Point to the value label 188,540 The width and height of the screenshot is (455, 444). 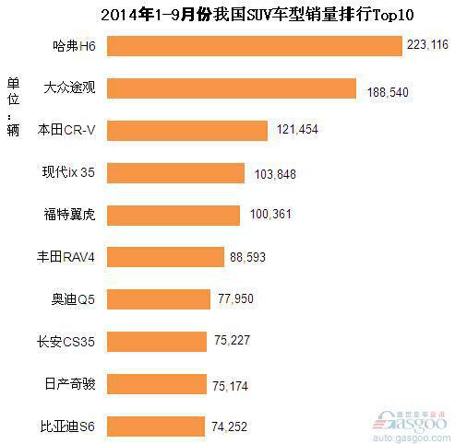[385, 93]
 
